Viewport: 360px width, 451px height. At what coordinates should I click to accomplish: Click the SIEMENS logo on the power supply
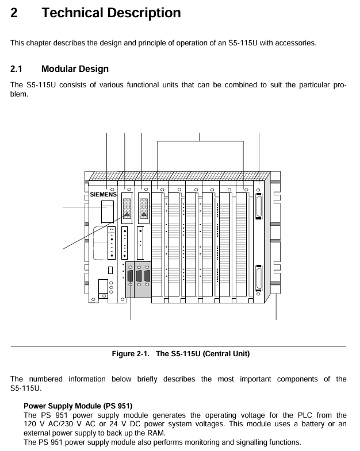[x=104, y=195]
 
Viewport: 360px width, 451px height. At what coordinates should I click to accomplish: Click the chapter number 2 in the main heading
[x=14, y=13]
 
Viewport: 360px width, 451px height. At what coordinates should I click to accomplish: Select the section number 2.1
[x=17, y=69]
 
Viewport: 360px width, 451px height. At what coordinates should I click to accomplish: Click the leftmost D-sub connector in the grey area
[x=131, y=276]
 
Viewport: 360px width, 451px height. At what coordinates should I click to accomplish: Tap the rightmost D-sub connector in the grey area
[x=147, y=276]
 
